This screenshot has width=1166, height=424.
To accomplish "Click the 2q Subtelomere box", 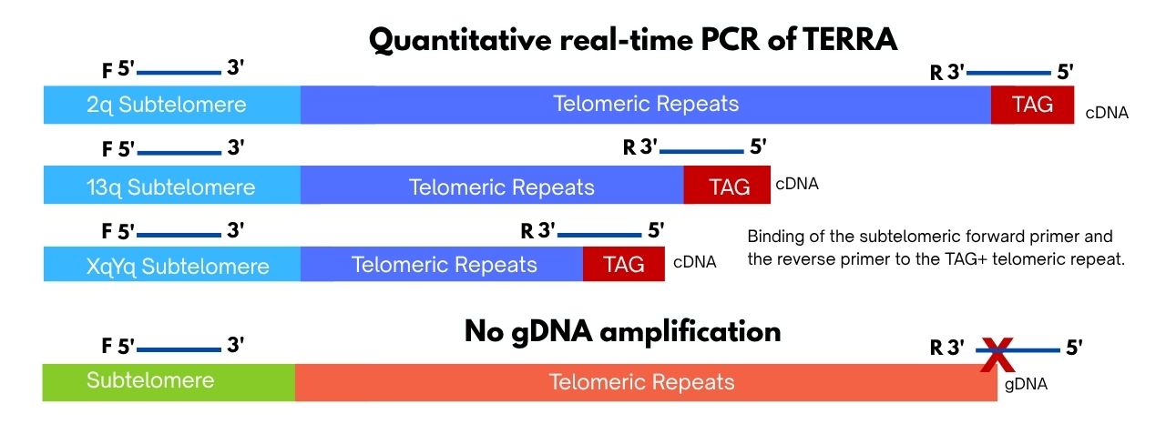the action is [x=172, y=105].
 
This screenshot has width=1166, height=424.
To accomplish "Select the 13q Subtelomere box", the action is [x=172, y=185].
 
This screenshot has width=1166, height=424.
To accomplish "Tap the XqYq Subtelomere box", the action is [x=172, y=264].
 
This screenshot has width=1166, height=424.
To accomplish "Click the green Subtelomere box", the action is [x=169, y=382].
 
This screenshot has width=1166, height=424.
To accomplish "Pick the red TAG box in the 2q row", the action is [x=1032, y=105].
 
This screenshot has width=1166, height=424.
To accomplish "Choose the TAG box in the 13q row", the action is [x=727, y=185].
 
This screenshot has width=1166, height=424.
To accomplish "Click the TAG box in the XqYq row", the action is [x=624, y=264].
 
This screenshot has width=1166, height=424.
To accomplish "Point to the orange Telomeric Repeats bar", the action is [x=646, y=382].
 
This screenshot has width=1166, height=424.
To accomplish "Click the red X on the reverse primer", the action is [x=997, y=355].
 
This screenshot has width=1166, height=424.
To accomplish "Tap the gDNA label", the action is [x=1026, y=384].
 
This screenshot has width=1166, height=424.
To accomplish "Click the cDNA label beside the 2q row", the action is [x=1107, y=113].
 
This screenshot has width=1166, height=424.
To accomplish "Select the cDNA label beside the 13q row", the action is [x=797, y=184].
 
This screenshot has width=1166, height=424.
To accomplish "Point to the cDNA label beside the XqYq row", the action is [x=694, y=262].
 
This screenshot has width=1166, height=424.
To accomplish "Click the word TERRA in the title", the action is [x=850, y=39].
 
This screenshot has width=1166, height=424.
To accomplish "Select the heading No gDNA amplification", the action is [x=622, y=331].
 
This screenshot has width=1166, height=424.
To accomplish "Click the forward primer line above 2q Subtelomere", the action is [x=179, y=73].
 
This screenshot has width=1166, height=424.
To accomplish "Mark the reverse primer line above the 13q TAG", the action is [x=701, y=151].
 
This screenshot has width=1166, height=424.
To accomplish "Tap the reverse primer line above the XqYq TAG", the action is [x=599, y=235].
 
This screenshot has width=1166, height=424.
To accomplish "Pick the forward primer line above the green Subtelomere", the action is [x=179, y=349].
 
